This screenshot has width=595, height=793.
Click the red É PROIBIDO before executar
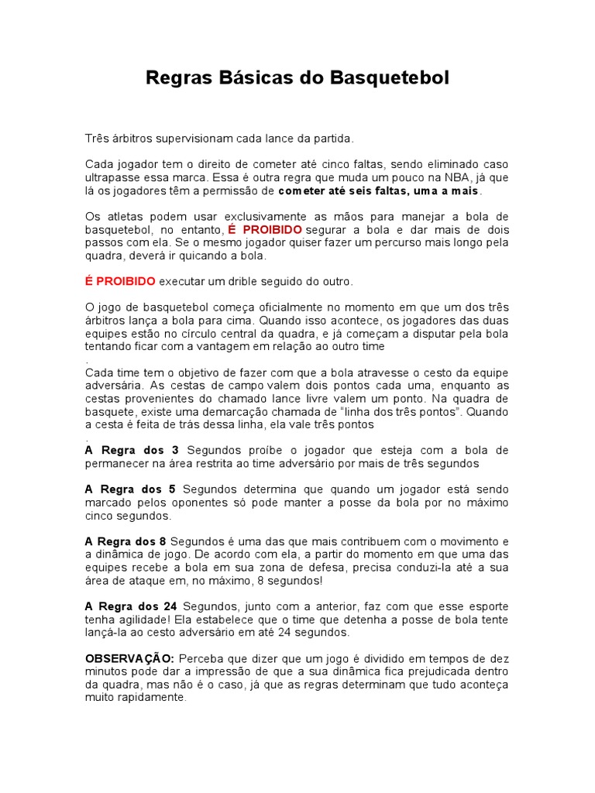120,281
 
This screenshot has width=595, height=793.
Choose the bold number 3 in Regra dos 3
175,450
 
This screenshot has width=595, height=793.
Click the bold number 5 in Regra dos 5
172,489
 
